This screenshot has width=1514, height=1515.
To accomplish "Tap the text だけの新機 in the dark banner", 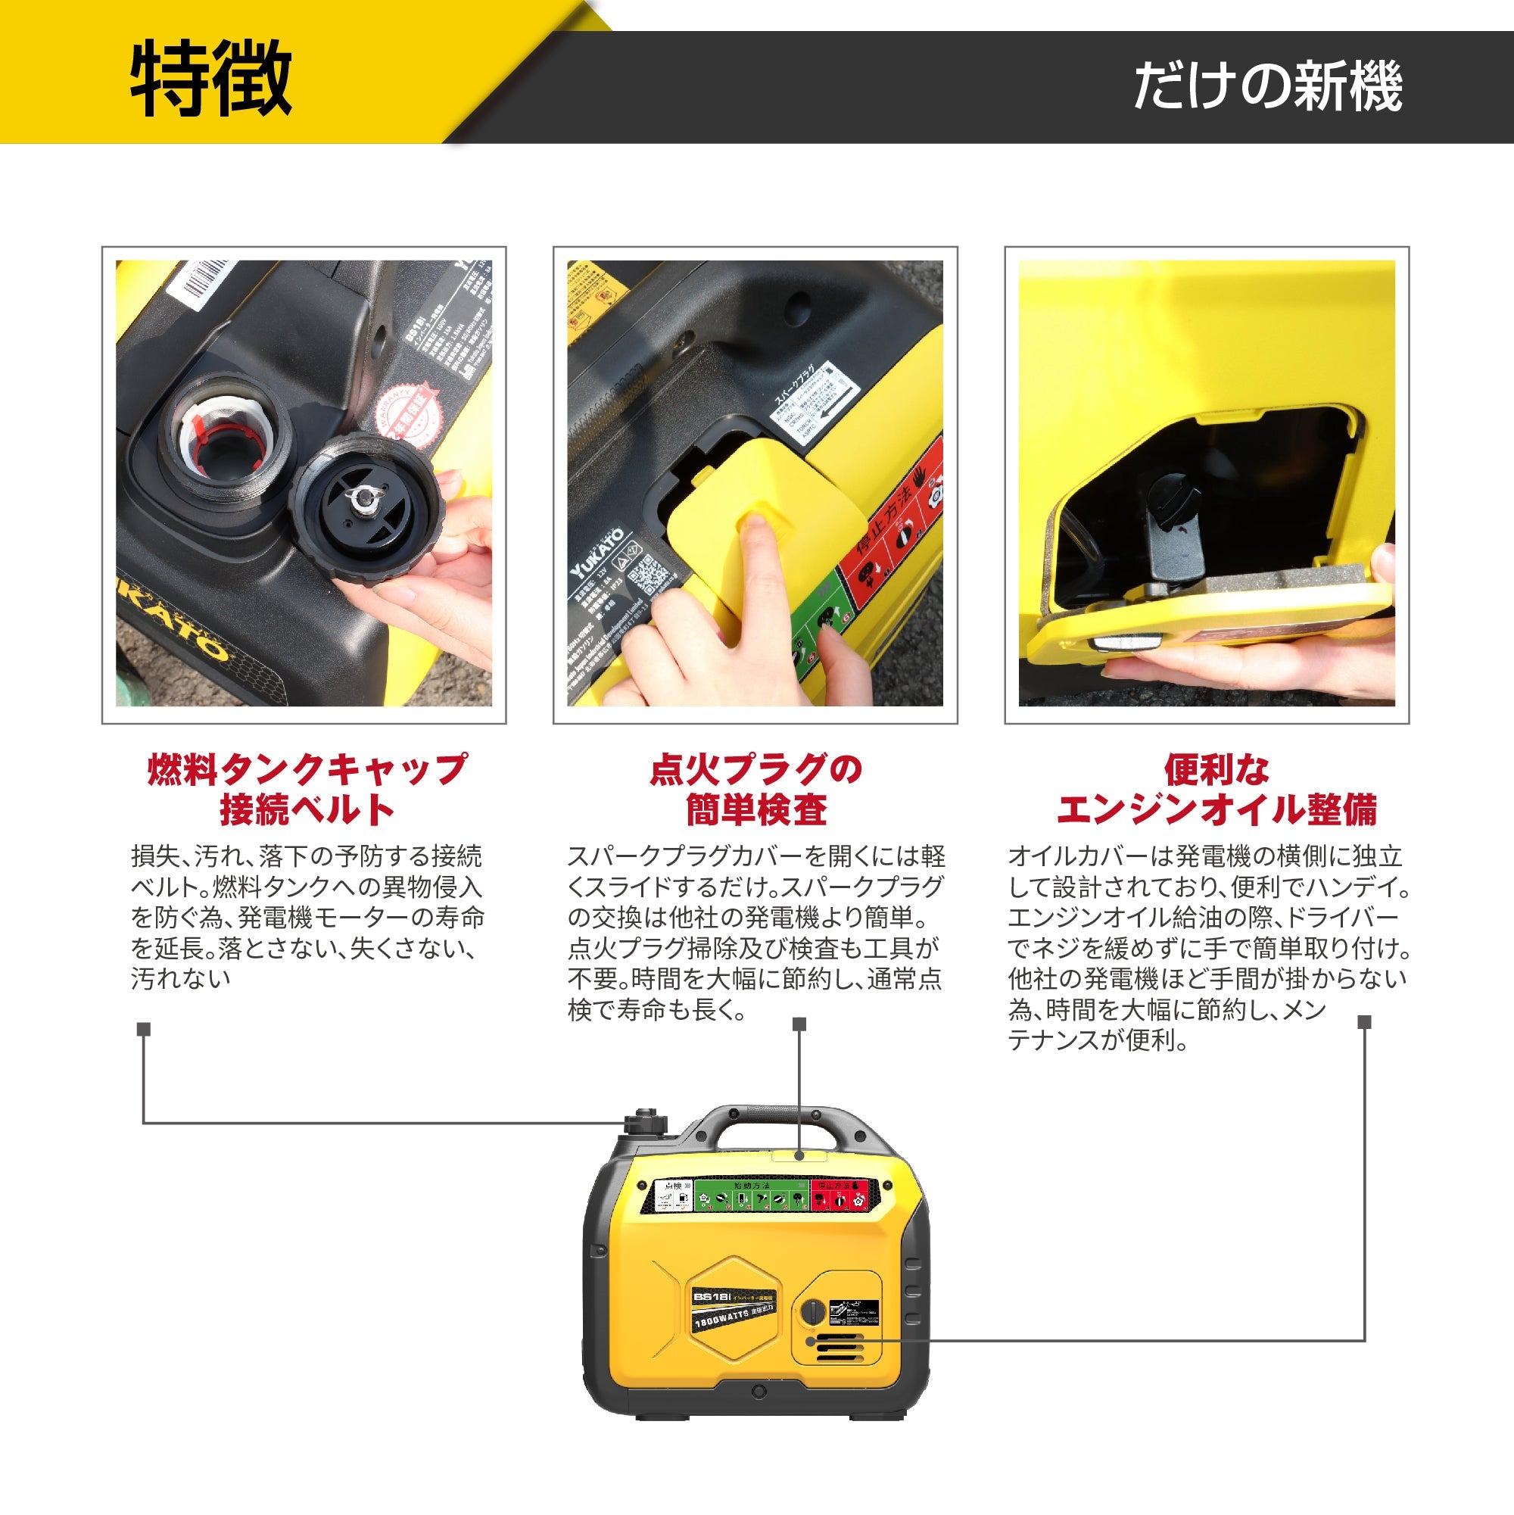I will tap(1267, 86).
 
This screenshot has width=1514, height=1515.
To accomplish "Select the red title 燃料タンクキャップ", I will tap(307, 769).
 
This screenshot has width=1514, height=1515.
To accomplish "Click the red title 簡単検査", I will tap(755, 810).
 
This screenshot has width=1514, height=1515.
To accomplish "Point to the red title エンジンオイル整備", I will tap(1216, 810).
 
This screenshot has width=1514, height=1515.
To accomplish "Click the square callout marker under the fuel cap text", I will tap(144, 1030).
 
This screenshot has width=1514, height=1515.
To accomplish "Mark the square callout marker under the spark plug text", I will tap(799, 1024).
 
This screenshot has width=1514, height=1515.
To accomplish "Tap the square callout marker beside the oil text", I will tap(1364, 1022).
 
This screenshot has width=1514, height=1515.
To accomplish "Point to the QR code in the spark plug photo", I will tap(650, 575).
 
